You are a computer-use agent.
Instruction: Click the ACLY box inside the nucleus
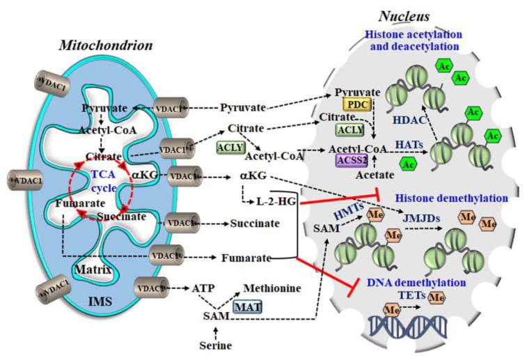[x=354, y=130]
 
